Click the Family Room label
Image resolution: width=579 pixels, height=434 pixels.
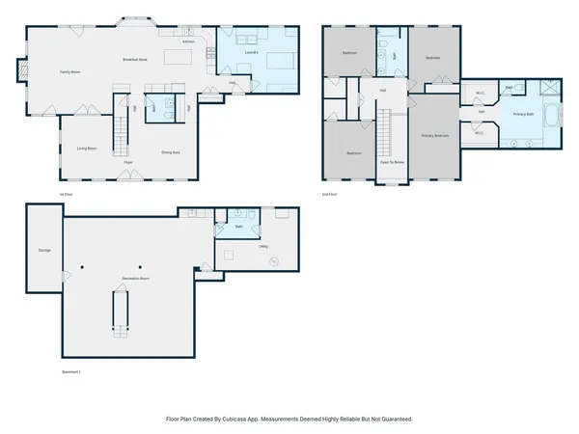click(69, 72)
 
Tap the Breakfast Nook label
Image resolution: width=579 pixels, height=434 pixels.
click(134, 60)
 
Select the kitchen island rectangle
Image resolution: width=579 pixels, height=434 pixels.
click(178, 57)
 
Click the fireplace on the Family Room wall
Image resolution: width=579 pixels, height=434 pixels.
click(21, 69)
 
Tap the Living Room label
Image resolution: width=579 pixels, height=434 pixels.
click(86, 148)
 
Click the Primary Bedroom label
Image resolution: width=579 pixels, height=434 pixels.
click(435, 136)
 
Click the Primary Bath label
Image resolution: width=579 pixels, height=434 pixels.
click(523, 115)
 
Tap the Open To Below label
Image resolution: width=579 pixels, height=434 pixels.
click(391, 163)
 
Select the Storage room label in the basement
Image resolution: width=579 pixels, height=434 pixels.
click(44, 250)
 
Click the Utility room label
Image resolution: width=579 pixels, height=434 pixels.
click(262, 247)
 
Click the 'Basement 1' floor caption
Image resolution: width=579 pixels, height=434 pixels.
click(72, 372)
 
